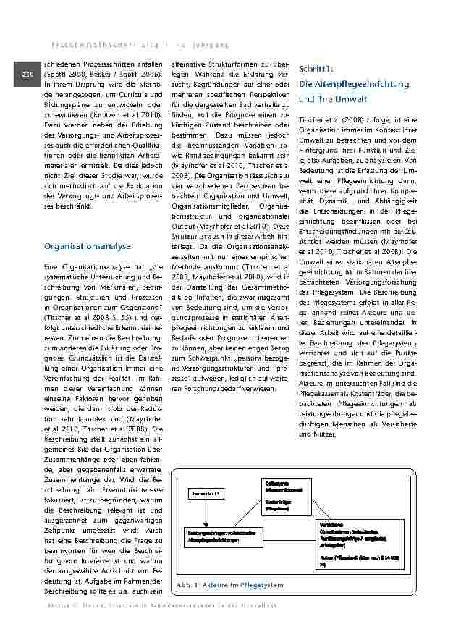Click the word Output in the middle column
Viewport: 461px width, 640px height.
pos(186,226)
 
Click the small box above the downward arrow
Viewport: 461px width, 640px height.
pos(206,493)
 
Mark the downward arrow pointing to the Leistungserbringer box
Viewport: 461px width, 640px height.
pos(206,513)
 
